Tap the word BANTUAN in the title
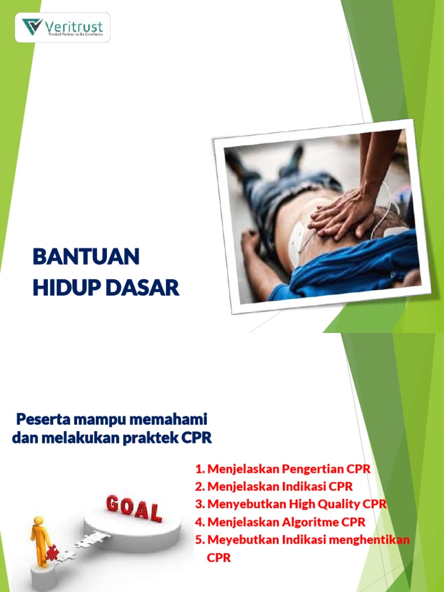pyautogui.click(x=86, y=257)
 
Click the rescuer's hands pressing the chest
pyautogui.click(x=341, y=214)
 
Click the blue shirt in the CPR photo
pyautogui.click(x=353, y=263)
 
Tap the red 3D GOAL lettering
pyautogui.click(x=134, y=509)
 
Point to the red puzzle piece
pyautogui.click(x=52, y=553)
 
